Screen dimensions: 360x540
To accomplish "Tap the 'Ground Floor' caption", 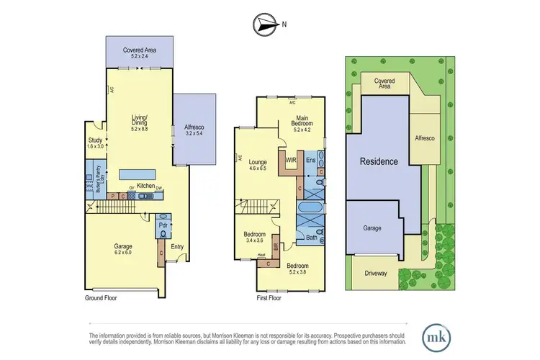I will (100, 297).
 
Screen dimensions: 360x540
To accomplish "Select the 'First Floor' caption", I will (271, 297).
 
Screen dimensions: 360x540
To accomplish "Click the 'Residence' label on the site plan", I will (379, 162).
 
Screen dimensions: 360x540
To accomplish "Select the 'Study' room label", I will (95, 140).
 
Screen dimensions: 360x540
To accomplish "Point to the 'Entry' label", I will (177, 246).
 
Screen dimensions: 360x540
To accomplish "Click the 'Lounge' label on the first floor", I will (258, 162).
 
